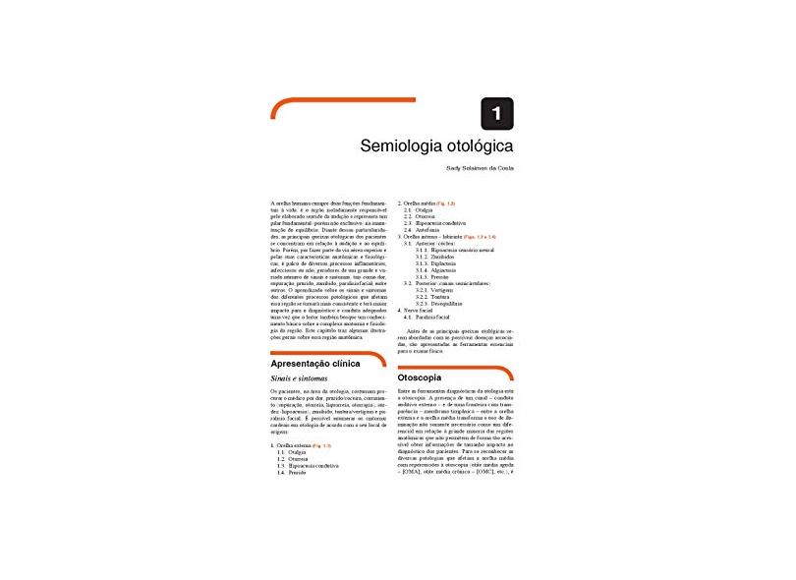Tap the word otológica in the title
pos(471,145)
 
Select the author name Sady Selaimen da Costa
pos(475,167)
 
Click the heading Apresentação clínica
pos(316,363)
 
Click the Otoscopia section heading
pos(420,377)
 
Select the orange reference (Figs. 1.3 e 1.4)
pos(479,237)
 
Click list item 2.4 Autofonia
pos(426,230)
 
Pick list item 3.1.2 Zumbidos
pos(438,257)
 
